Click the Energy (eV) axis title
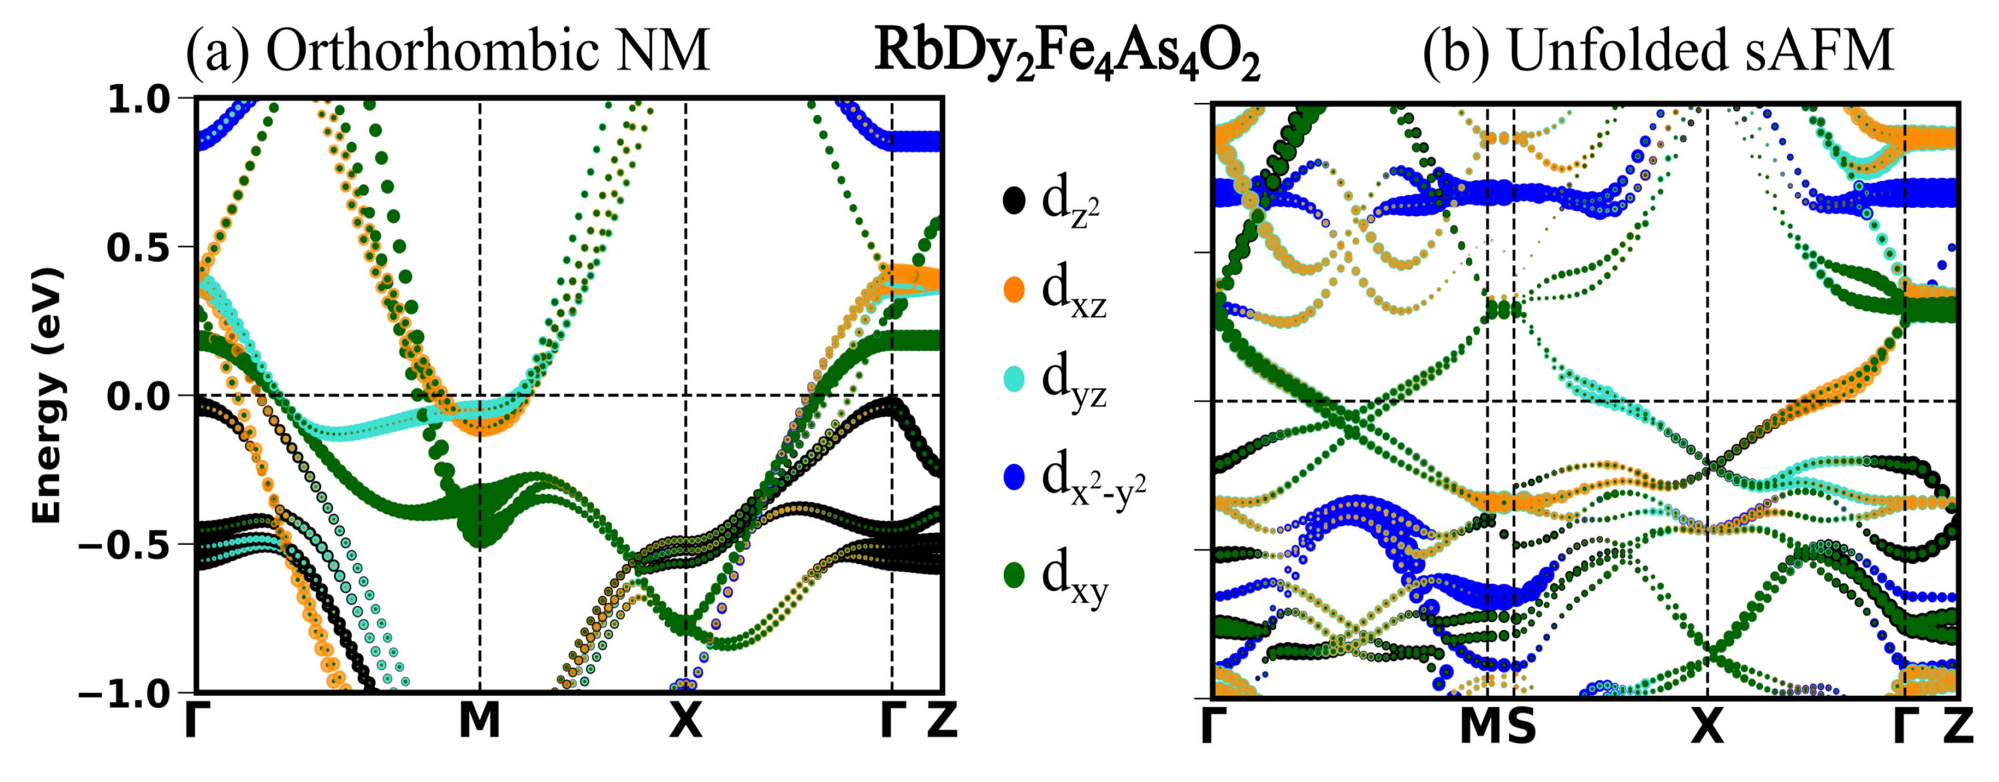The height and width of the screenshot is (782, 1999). pos(47,396)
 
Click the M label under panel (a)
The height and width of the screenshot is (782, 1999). pos(480,722)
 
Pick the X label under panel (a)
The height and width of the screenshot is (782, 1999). pos(686,722)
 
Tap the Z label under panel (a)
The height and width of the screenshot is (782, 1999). pos(942,722)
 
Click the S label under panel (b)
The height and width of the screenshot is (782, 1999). pos(1521,728)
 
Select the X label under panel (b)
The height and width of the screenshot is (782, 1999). pos(1707,728)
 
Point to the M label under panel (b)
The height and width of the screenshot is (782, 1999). pos(1480,728)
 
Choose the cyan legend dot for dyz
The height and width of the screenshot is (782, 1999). pos(1013,378)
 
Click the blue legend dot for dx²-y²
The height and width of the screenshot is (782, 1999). pos(1013,477)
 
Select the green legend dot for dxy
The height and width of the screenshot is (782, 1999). pos(1013,575)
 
